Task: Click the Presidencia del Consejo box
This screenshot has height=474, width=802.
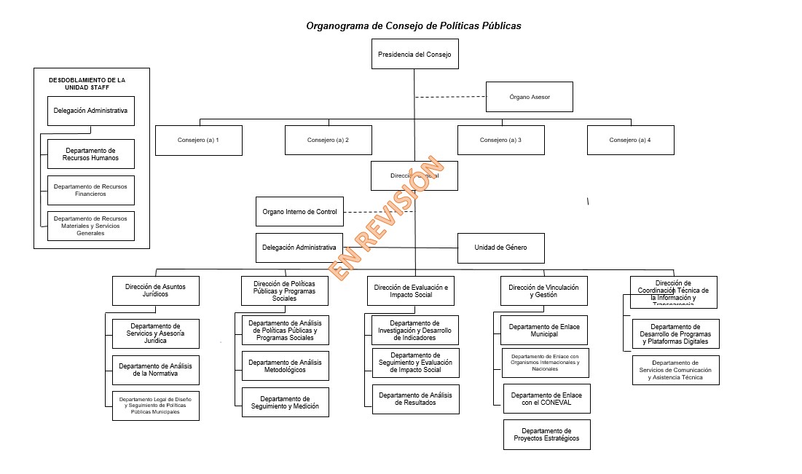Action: pos(414,54)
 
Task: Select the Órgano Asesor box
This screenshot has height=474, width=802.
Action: pos(529,97)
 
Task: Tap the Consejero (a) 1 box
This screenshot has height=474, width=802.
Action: pos(198,140)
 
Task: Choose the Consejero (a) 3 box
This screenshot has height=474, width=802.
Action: pos(500,140)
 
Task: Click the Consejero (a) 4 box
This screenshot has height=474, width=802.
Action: pos(630,140)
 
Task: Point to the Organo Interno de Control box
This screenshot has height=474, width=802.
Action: pos(299,212)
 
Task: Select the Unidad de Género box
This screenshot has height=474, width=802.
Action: pos(500,248)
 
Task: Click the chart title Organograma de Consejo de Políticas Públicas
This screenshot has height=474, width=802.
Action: pos(414,25)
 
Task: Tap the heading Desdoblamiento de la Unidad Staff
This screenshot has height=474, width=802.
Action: pos(91,83)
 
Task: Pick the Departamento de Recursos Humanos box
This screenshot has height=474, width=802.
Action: pos(91,154)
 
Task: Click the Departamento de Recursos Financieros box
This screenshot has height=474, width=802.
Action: pos(91,190)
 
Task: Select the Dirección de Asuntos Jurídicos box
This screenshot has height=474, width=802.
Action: pos(155,291)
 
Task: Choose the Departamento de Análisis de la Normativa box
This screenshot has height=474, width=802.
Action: pos(155,370)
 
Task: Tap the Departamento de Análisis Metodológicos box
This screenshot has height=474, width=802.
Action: pos(285,366)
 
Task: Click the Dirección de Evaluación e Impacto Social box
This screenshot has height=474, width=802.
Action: pos(411,291)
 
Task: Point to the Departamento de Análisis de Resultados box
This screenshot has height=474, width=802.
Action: pos(415,399)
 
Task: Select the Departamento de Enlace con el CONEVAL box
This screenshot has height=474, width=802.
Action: pos(546,399)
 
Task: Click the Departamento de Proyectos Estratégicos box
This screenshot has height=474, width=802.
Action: pos(546,435)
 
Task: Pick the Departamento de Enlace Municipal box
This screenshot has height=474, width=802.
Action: pos(544,330)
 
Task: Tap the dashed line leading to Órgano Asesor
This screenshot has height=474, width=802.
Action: pos(450,97)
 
